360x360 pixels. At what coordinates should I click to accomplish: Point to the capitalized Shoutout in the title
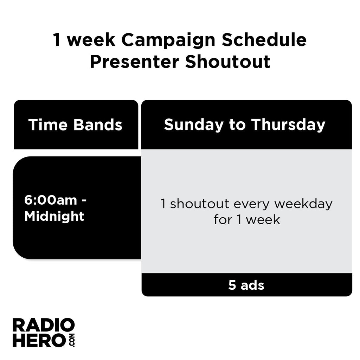tap(228, 62)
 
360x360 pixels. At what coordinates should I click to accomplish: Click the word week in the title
tap(91, 40)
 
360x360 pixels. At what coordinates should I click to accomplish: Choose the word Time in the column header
tap(48, 125)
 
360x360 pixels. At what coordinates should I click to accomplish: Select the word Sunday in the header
tap(193, 125)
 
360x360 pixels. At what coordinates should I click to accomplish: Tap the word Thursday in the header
tap(288, 125)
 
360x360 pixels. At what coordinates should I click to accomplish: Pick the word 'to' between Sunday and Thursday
tap(237, 125)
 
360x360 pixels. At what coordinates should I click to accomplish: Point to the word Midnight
tap(54, 216)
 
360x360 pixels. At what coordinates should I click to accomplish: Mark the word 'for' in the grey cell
tap(223, 220)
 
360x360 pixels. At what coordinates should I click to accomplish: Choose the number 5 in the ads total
tap(232, 285)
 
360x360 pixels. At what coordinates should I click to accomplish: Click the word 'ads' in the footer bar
tap(252, 285)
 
